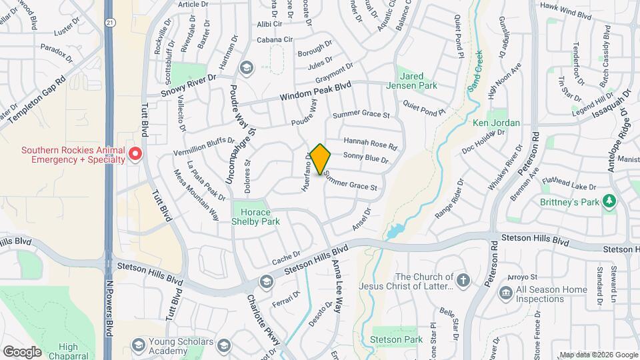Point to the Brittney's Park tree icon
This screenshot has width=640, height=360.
pos(609,201)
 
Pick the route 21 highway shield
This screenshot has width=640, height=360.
pos(109,23)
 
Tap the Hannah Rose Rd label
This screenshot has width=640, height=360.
pos(370,143)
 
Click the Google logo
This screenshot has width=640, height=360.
pos(22,351)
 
